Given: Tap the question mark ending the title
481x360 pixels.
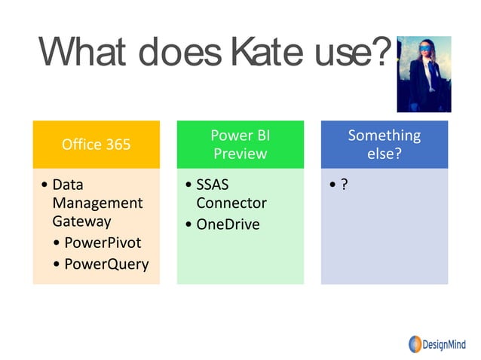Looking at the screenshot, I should point(382,53).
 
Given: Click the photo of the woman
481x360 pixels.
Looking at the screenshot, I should point(424,74).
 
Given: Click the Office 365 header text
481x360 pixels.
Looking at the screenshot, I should point(96,144).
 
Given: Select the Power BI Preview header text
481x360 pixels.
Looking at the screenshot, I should point(240,144).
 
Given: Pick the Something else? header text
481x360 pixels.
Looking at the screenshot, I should point(384,144).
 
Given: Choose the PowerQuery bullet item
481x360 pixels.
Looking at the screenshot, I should point(106,264).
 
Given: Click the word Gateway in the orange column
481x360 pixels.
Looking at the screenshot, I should point(81,221).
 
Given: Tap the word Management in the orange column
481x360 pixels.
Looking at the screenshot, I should point(97,203).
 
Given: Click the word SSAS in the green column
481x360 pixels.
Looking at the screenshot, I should point(212,185).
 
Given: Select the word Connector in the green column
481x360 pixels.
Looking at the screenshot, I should point(231,203).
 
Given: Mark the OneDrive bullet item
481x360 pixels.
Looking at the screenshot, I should point(228,224).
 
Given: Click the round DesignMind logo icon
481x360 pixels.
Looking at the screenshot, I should point(415,344).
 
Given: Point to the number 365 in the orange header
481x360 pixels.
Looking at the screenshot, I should point(117,144).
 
